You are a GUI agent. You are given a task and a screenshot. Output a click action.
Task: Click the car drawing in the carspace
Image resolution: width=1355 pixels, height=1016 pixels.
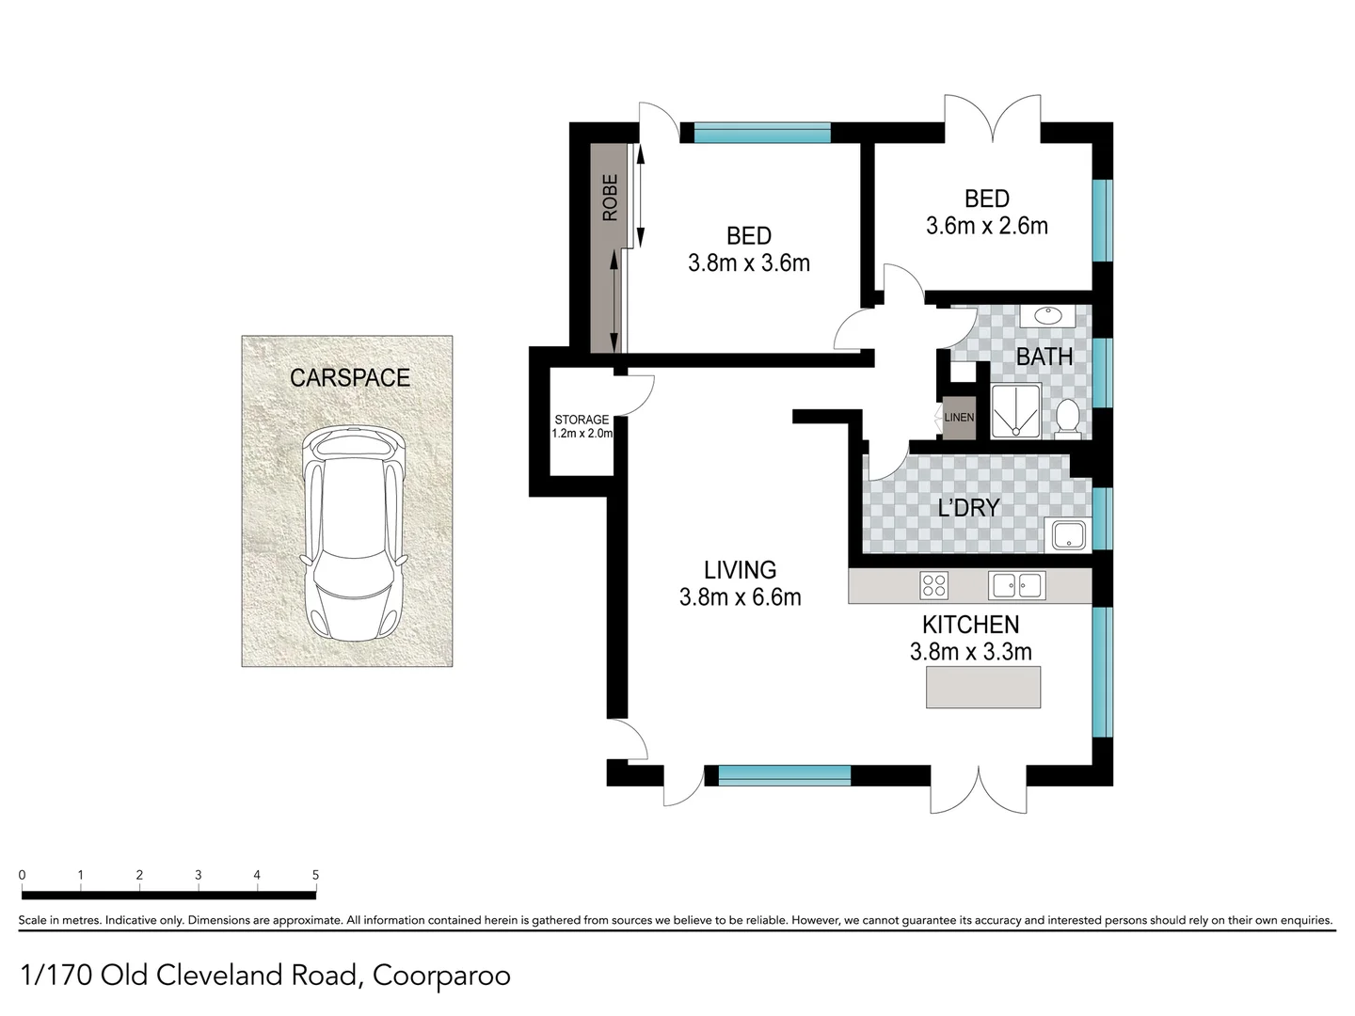pos(353,533)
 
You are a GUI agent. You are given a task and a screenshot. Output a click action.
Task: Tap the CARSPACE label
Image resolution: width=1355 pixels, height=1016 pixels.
pos(350,378)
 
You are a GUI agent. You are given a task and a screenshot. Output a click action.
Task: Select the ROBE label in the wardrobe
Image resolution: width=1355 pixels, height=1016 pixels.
pos(610,198)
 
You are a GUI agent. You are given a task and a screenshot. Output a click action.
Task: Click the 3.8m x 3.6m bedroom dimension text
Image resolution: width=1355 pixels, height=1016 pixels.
pos(749,263)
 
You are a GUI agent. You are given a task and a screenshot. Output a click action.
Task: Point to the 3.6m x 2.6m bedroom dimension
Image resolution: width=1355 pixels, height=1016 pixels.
pos(986,226)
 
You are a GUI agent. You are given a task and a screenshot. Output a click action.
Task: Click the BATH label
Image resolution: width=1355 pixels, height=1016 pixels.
pos(1044,357)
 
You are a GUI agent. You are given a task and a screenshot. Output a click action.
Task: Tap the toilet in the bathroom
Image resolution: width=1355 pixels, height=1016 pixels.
pos(1067,419)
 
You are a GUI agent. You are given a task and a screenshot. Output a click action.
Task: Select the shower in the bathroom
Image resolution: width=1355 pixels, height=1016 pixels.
pos(1015,411)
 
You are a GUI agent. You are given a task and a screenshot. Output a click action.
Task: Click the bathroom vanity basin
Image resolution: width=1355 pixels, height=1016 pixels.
pos(1046,316)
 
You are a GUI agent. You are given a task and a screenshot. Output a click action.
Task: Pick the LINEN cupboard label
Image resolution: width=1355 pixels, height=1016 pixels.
pos(959,418)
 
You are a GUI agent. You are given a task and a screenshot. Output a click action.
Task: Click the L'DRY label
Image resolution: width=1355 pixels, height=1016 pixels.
pos(968,508)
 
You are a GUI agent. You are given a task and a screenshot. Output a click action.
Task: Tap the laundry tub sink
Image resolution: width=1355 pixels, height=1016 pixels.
pos(1069,535)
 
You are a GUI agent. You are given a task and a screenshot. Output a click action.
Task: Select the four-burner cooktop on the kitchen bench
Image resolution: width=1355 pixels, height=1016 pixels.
pos(933,585)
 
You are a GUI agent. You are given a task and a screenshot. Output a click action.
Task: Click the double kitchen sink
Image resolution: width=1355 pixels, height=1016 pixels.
pos(1016,585)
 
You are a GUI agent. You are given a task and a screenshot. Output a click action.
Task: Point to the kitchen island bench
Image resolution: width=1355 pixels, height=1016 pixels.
pos(982,687)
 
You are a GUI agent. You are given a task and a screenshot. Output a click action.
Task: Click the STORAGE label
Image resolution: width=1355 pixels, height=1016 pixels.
pos(582,420)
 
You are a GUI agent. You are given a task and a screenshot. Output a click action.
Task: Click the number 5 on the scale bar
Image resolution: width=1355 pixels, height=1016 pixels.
pos(315,875)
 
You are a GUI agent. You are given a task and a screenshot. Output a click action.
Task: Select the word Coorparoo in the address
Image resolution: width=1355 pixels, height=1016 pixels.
pos(441,976)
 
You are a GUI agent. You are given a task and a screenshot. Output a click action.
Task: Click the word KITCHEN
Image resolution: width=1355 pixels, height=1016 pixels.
pos(970,625)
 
